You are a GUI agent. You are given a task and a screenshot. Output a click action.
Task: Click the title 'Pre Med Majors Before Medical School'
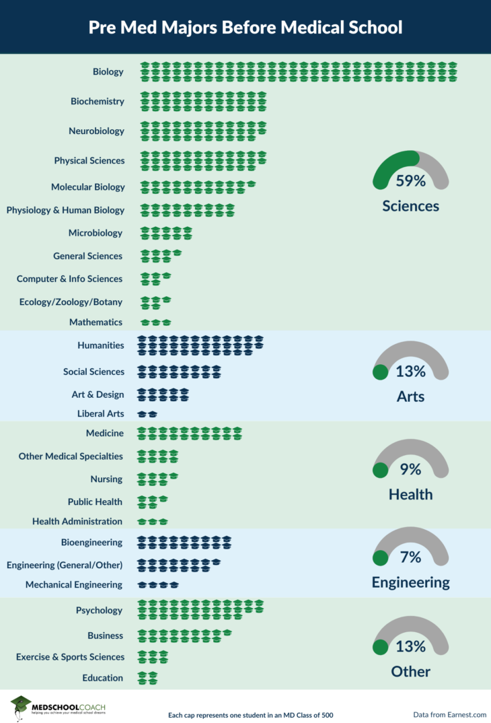pos(245,28)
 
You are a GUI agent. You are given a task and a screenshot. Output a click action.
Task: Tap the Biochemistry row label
pos(98,102)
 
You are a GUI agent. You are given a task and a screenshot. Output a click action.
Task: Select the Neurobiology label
pos(96,131)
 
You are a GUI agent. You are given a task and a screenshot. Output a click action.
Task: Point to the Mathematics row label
pos(96,322)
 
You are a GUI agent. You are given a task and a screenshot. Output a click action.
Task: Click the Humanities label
pos(101,345)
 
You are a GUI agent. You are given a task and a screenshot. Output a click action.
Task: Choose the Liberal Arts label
pos(100,414)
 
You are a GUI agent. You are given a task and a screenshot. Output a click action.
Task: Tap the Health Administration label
pos(77,521)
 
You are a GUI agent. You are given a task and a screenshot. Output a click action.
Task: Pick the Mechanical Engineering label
pos(74,585)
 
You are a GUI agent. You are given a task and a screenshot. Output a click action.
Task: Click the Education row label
pos(103,678)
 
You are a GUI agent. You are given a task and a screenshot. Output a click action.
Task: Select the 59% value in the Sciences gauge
pos(410,181)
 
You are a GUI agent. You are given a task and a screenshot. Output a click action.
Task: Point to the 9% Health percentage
pos(410,469)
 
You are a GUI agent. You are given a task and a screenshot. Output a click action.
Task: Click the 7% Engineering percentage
pos(410,557)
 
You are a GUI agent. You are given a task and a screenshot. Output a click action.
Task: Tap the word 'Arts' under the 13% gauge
pos(410,397)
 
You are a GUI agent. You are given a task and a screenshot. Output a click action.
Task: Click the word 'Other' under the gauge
pos(410,671)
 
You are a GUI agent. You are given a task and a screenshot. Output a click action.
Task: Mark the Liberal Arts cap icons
pos(147,414)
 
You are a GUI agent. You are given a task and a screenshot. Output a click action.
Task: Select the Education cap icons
pos(147,678)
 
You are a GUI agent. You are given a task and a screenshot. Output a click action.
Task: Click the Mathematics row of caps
pos(155,322)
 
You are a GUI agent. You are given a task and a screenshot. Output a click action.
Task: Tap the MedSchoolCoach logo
pos(57,708)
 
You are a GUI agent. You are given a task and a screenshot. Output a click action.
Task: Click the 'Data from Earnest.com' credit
pos(449,714)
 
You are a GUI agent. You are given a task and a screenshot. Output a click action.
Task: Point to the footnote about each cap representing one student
pos(250,715)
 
